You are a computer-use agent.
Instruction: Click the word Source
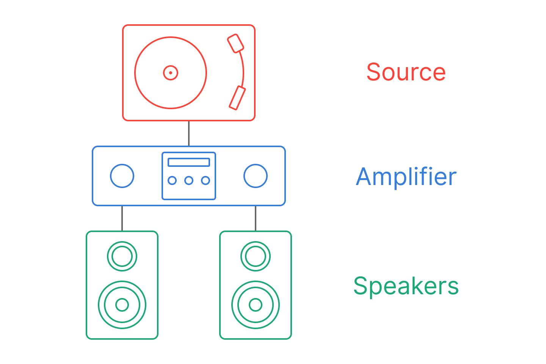pos(406,72)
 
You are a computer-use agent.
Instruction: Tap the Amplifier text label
pos(406,177)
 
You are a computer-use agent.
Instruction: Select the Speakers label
pos(406,286)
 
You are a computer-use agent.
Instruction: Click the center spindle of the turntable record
pos(171,73)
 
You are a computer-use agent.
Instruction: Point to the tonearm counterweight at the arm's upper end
pos(235,43)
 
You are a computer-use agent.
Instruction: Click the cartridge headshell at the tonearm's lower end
pos(237,98)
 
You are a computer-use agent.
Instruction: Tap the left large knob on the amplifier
pos(122,176)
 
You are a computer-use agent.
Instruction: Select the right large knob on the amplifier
pos(256,176)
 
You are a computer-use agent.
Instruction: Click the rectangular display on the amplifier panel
pos(189,162)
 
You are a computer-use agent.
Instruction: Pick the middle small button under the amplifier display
pos(189,180)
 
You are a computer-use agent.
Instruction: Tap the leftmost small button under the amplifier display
pos(172,180)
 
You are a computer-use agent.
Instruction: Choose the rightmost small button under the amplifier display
pos(206,180)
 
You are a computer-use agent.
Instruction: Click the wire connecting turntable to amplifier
pos(189,133)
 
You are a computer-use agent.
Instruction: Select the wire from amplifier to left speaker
pos(122,218)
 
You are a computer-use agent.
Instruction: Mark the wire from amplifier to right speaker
pos(256,218)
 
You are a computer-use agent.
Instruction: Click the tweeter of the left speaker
pos(122,256)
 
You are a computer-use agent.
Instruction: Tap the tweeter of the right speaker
pos(256,256)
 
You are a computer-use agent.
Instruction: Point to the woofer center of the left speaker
pos(122,305)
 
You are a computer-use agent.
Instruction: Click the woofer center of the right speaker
pos(256,305)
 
